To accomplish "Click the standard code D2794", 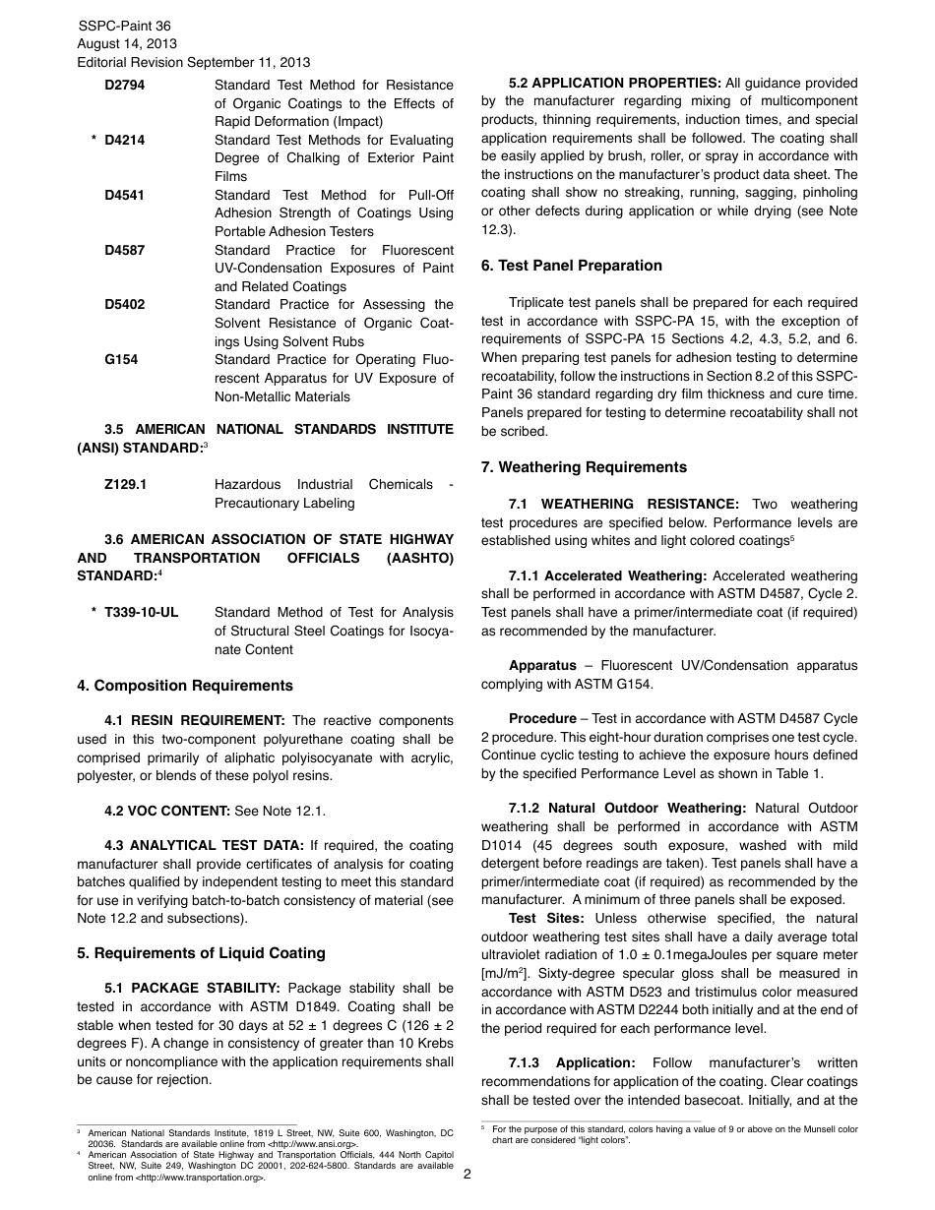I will tap(124, 86).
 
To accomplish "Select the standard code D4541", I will tap(124, 195).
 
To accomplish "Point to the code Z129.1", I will tap(126, 485).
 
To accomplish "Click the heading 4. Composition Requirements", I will tap(185, 686).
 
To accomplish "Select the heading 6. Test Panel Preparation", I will tap(571, 266).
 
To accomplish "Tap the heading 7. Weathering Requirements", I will tap(584, 467).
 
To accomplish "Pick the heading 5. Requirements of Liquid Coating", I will tap(201, 953).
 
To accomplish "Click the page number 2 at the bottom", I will tap(467, 1174).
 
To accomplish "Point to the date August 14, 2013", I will tap(127, 44).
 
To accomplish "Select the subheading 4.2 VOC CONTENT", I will tap(167, 811).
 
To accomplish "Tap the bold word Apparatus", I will tap(542, 666).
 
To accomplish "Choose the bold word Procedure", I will tap(542, 719).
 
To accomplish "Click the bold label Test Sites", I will tap(546, 918).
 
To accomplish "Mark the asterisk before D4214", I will tap(93, 141).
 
